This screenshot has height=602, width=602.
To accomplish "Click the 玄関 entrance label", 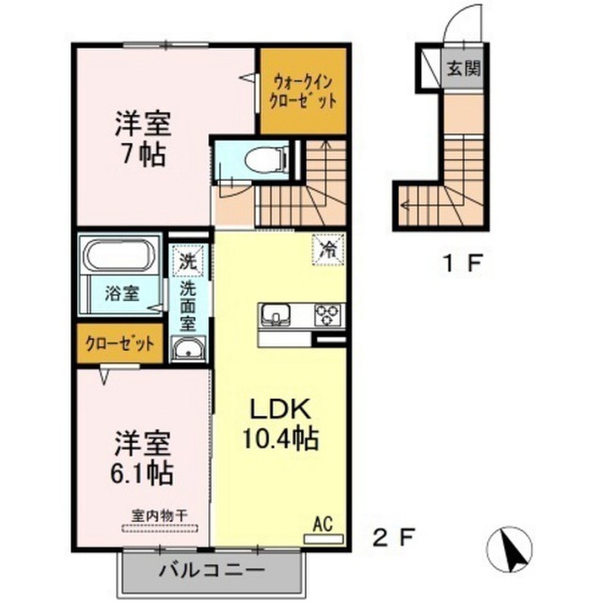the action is (464, 69).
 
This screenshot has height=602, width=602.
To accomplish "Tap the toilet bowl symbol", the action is (265, 160).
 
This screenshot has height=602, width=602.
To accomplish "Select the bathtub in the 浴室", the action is (119, 256).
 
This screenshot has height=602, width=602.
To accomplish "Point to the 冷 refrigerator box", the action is (328, 249).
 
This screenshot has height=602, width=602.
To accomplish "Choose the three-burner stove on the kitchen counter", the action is (327, 315).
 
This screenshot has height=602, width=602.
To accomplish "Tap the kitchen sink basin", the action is (276, 314).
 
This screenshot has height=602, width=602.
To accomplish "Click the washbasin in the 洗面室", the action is (188, 349).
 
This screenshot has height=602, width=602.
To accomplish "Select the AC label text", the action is (323, 525).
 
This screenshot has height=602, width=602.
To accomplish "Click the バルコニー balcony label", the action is (212, 569).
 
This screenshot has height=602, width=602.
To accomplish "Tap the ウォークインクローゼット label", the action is (303, 92).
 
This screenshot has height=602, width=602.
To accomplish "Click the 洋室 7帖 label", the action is (143, 138).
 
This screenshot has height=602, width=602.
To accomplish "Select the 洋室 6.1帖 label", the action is (142, 457).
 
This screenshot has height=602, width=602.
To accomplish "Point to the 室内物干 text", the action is (159, 515).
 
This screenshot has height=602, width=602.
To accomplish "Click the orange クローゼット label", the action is (119, 343).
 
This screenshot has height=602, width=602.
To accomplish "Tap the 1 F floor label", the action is (462, 263).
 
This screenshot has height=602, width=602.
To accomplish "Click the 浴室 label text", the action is (122, 294).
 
